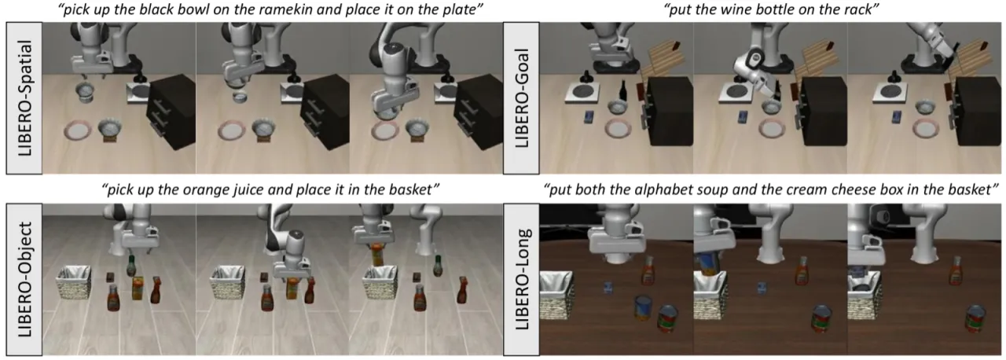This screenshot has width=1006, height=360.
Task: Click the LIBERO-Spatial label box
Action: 24,97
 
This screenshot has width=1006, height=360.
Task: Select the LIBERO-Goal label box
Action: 521,97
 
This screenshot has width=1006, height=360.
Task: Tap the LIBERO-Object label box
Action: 24,279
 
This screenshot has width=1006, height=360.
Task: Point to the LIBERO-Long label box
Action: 521,279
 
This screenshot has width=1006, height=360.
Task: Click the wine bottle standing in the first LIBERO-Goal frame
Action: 623,92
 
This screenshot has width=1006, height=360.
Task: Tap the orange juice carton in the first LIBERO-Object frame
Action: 138,288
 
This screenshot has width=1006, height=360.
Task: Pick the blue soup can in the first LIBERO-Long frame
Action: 643,307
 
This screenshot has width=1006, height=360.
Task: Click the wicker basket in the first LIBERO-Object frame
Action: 74,282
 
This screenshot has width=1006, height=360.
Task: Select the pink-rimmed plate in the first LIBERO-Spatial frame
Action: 79,130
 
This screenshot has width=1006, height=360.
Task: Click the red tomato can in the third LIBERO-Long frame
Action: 975,318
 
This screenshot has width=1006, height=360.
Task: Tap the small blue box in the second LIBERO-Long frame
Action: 762,288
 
